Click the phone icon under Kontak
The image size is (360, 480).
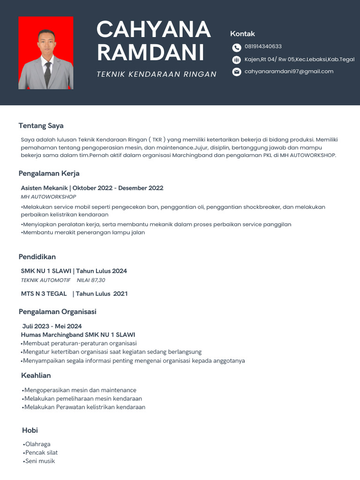[236, 47]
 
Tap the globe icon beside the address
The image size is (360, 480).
[236, 60]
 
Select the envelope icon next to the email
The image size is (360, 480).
[236, 72]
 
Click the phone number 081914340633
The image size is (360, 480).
[263, 46]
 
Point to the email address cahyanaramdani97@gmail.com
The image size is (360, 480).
[289, 71]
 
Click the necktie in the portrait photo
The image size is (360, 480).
[47, 73]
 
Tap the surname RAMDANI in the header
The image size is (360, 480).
[150, 52]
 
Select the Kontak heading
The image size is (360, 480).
[242, 34]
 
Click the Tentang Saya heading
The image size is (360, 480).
[41, 126]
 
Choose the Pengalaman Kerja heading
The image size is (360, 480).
[49, 173]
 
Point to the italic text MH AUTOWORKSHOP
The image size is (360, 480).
[48, 197]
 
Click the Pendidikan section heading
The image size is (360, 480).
[37, 257]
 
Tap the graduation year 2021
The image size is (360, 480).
[120, 294]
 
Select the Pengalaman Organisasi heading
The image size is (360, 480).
[57, 312]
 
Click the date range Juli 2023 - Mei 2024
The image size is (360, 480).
[52, 326]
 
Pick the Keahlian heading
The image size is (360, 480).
[36, 375]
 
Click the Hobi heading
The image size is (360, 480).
[30, 430]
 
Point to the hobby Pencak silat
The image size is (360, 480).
[41, 453]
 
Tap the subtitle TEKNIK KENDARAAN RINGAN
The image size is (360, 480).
[157, 74]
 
